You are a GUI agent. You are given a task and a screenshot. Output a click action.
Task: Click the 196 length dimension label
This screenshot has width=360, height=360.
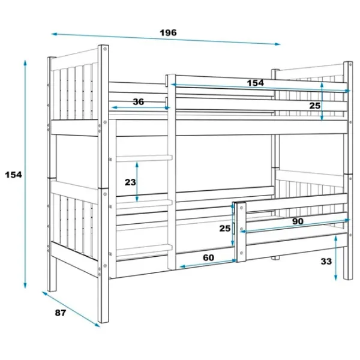pos(168,32)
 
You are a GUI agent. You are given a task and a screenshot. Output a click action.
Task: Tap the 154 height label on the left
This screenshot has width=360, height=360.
pos(14,175)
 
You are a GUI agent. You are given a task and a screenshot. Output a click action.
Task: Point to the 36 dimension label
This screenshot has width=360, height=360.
pos(139,102)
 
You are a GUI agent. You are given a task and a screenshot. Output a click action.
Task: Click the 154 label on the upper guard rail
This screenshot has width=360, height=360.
pos(256,83)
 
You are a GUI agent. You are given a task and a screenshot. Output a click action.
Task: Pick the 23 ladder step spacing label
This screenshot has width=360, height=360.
pos(130,182)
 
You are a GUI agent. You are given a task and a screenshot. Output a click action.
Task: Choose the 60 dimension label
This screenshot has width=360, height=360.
pos(208,257)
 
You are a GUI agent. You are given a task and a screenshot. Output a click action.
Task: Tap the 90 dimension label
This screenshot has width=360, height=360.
pos(298,221)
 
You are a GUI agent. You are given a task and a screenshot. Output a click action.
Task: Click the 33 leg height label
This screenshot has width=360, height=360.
pos(326,261)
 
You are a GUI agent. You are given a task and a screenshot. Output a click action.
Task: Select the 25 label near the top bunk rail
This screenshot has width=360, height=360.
pos(314,106)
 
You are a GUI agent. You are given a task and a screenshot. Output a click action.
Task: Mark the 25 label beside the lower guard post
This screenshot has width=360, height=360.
pos(225,229)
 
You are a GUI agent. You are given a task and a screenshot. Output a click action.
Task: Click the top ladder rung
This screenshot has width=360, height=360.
pos(144,158)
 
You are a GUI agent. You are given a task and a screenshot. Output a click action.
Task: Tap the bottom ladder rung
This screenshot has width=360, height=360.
pos(144,250)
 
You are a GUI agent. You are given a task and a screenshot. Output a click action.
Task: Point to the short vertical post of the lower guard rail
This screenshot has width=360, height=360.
pos(241,232)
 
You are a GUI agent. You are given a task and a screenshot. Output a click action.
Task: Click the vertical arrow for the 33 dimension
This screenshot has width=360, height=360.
pos(335,258)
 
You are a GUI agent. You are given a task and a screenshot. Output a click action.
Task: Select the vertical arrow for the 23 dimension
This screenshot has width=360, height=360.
pos(137,182)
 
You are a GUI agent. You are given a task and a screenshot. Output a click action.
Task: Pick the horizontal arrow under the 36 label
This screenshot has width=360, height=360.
pos(141,107)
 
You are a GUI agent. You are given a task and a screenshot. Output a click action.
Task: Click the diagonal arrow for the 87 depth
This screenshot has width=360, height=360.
pos(71,309)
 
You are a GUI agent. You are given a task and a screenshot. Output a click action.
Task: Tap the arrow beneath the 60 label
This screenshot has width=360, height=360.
pos(208,263)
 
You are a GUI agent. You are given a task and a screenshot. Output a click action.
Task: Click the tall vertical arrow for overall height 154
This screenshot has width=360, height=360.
pos(25,174)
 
